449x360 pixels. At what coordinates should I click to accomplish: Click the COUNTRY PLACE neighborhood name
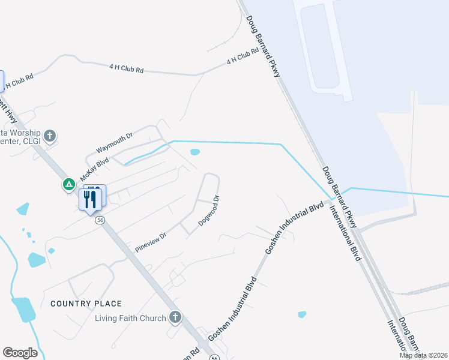click(86, 304)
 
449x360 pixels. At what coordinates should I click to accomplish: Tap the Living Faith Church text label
click(130, 318)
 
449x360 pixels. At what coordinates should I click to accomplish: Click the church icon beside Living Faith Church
click(175, 316)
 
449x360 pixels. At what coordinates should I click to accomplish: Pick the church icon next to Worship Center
click(50, 136)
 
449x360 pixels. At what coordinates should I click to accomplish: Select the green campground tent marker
click(70, 184)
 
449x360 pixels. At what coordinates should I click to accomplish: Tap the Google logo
click(20, 353)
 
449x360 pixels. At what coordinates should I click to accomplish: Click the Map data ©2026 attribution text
click(424, 355)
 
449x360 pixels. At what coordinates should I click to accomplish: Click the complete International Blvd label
click(345, 233)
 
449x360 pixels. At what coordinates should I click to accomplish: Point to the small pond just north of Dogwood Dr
click(194, 152)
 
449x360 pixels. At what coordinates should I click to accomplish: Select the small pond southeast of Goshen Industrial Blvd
click(302, 314)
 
